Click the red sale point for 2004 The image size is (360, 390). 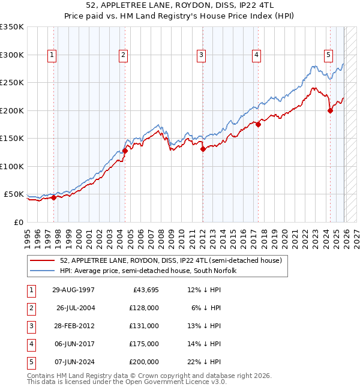point(125,151)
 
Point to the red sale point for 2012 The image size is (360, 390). point(202,149)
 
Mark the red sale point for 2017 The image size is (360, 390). point(257,124)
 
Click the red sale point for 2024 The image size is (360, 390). point(329,110)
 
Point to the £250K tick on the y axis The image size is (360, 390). point(12,83)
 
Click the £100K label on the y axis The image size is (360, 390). point(12,166)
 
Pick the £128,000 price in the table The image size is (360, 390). point(144,308)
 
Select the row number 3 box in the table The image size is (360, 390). point(29,326)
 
